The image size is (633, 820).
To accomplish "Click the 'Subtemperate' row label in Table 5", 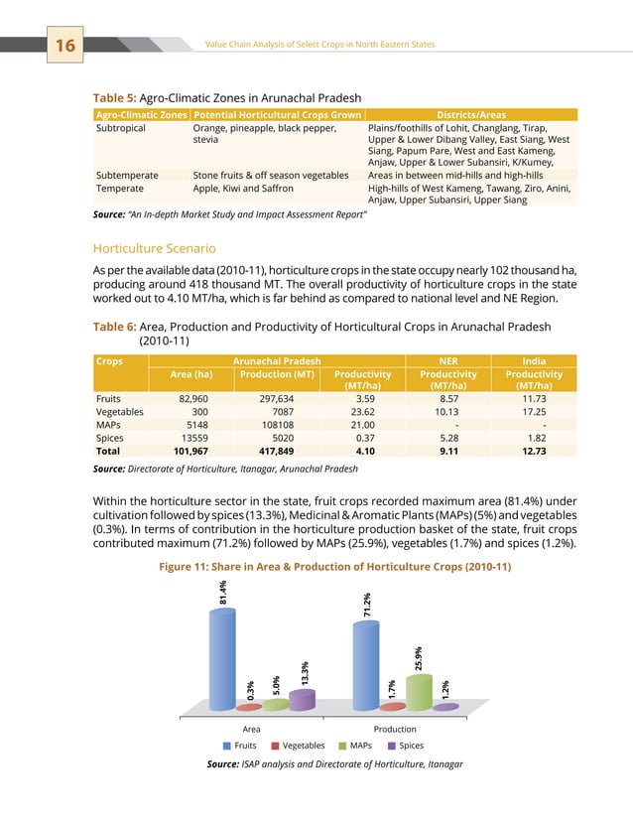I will (x=126, y=174).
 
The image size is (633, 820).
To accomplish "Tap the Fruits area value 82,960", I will (x=189, y=397).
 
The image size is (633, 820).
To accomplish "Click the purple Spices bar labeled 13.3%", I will (x=302, y=699).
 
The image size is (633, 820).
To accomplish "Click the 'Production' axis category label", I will (x=395, y=729).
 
